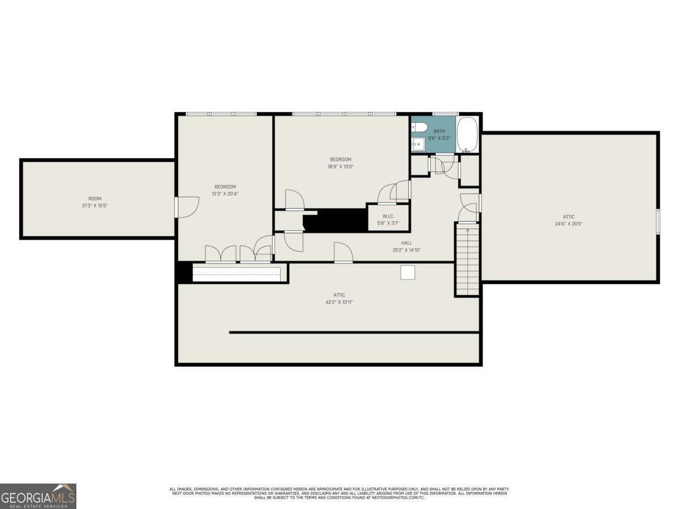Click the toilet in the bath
click(418, 127)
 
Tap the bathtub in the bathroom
click(467, 135)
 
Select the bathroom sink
click(418, 144)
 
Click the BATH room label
click(439, 131)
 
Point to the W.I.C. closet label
click(388, 217)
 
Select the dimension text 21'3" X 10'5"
click(94, 206)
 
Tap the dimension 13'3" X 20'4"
click(225, 194)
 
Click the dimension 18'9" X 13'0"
click(341, 167)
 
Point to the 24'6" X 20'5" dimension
click(569, 224)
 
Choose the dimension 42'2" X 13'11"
click(339, 302)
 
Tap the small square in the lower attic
click(408, 272)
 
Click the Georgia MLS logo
click(38, 496)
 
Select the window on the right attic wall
click(658, 221)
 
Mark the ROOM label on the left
click(94, 199)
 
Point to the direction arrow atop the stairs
click(467, 231)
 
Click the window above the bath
click(445, 114)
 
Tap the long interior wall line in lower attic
click(354, 333)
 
